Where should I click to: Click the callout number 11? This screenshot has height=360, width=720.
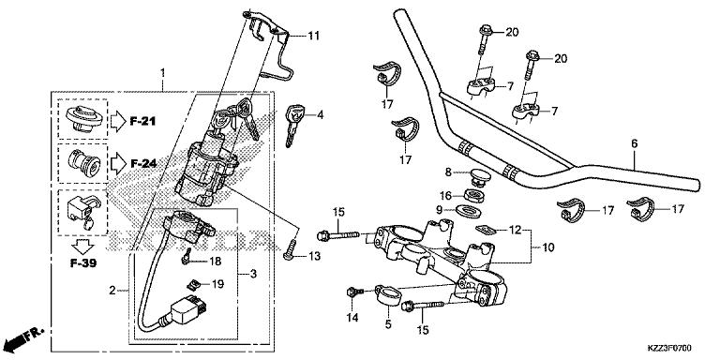(x=313, y=36)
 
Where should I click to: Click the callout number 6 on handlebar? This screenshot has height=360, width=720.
(x=634, y=143)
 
